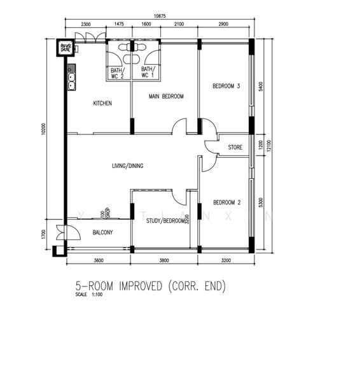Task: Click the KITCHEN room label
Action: coord(102,103)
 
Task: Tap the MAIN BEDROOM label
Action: coord(166,97)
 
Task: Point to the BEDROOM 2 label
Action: coord(226,202)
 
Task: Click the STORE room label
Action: coord(235,148)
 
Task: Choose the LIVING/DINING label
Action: coord(128,166)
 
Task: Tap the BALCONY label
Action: coord(102,232)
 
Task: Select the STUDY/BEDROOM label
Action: coord(165,222)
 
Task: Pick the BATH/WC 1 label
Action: coord(148,73)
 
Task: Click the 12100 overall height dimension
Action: coord(270,147)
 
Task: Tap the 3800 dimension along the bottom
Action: coord(164,260)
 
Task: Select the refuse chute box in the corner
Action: coord(65,48)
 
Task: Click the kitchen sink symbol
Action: coord(72,80)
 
